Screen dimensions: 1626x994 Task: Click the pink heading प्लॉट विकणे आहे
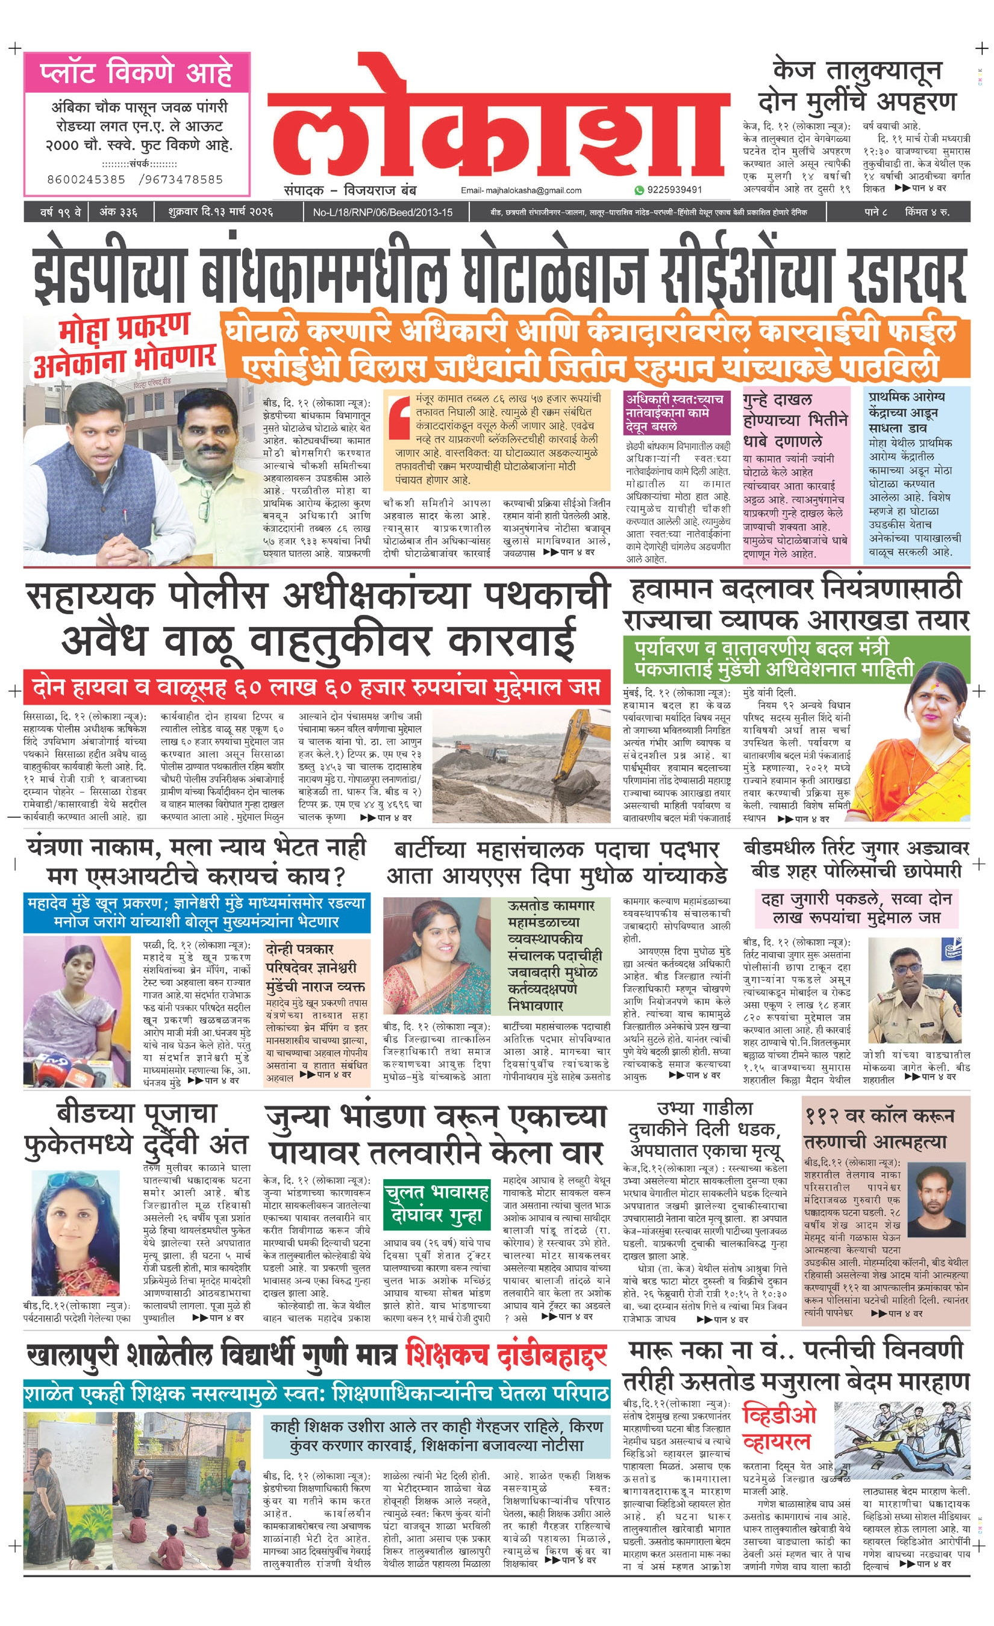(x=136, y=73)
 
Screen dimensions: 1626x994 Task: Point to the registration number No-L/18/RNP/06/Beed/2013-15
(x=382, y=213)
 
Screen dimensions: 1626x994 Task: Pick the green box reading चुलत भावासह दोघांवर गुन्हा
(x=436, y=1204)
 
